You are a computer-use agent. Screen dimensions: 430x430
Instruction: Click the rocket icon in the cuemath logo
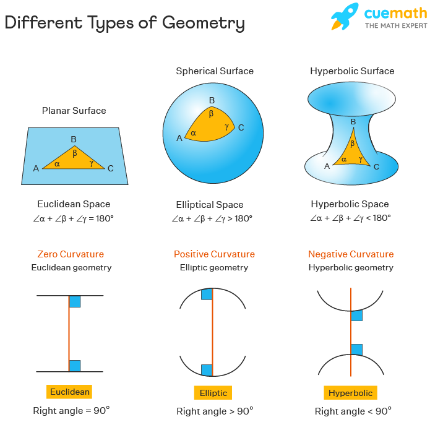pyautogui.click(x=345, y=17)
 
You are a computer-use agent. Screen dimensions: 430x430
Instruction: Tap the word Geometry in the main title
pyautogui.click(x=203, y=24)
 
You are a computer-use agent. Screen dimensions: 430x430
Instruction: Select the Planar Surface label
pyautogui.click(x=74, y=111)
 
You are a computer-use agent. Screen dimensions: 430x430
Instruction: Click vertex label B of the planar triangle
pyautogui.click(x=74, y=139)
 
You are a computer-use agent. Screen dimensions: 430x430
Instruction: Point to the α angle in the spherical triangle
pyautogui.click(x=193, y=133)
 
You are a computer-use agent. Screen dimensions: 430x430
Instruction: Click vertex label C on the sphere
pyautogui.click(x=241, y=127)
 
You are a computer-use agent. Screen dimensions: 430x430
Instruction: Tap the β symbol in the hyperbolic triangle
pyautogui.click(x=353, y=144)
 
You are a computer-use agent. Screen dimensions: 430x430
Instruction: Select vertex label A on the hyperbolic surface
pyautogui.click(x=327, y=166)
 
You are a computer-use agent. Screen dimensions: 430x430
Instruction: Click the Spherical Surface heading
pyautogui.click(x=215, y=71)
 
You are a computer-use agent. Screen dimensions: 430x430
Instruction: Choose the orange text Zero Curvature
pyautogui.click(x=71, y=254)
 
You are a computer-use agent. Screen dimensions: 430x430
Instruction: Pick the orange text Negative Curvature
pyautogui.click(x=351, y=254)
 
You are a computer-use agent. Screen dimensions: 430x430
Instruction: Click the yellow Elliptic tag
pyautogui.click(x=213, y=393)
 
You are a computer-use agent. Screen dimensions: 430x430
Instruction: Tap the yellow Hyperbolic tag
pyautogui.click(x=350, y=393)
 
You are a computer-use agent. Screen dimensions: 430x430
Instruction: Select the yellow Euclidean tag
pyautogui.click(x=69, y=392)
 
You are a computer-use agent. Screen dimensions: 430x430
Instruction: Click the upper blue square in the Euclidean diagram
pyautogui.click(x=75, y=301)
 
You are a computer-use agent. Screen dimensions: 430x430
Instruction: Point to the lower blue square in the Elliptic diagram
pyautogui.click(x=207, y=370)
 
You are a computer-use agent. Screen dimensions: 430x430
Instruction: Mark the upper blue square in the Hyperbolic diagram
pyautogui.click(x=356, y=316)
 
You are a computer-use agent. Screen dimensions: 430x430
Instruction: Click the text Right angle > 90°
pyautogui.click(x=215, y=411)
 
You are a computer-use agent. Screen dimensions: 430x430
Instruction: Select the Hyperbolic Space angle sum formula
pyautogui.click(x=350, y=218)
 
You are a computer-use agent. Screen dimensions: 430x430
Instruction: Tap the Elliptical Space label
pyautogui.click(x=210, y=205)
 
